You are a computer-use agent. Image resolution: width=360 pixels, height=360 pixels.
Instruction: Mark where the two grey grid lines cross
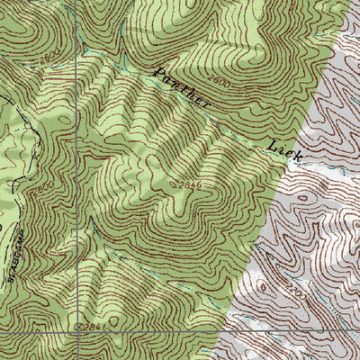click(x=78, y=332)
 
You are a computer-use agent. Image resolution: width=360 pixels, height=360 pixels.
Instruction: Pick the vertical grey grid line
click(x=78, y=180)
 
